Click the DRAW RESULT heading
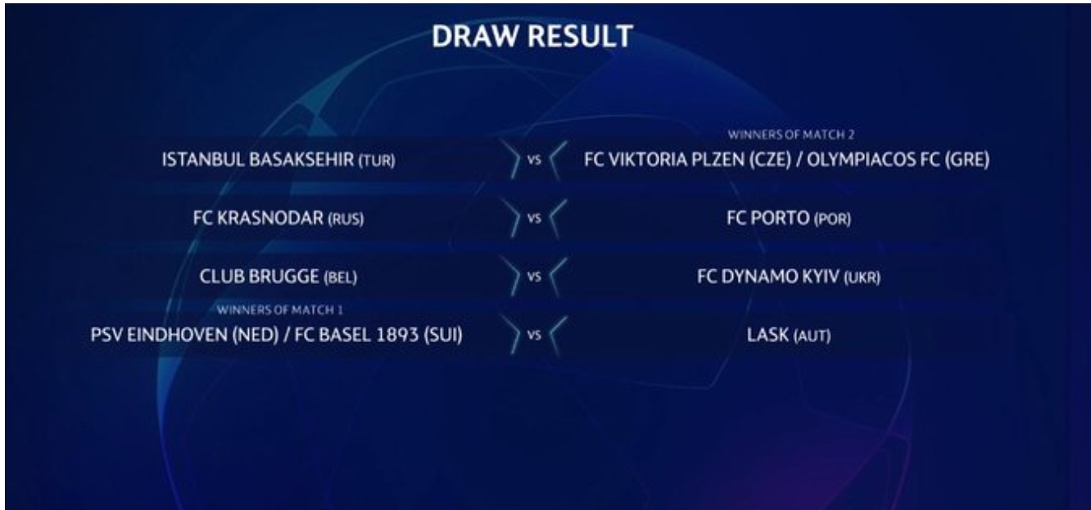click(532, 36)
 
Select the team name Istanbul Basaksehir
click(258, 160)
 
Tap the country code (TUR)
click(377, 160)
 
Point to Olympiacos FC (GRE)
click(899, 160)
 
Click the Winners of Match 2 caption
click(791, 135)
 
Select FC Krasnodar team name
click(258, 218)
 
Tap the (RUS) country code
click(346, 219)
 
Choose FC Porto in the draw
click(768, 218)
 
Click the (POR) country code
click(832, 219)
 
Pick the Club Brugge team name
click(259, 277)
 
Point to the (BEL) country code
click(341, 278)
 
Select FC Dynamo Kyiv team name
click(768, 277)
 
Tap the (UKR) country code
click(862, 278)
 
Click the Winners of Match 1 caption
click(279, 310)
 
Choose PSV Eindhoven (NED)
click(184, 335)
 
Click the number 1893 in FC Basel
click(397, 335)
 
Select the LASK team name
click(767, 335)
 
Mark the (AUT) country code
click(812, 336)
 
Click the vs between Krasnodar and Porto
click(534, 219)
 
